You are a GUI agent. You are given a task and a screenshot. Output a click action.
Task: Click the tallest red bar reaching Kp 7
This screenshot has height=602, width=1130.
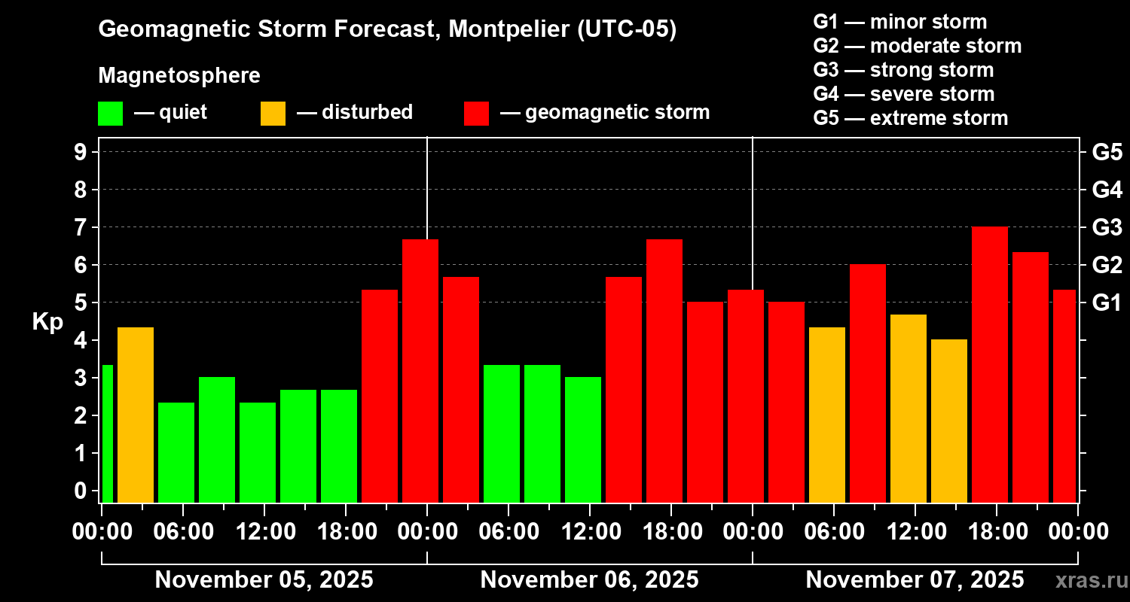[989, 365]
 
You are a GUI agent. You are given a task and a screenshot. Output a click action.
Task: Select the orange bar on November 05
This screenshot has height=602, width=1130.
[136, 415]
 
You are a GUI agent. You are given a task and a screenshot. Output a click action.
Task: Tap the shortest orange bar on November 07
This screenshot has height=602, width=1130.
[948, 421]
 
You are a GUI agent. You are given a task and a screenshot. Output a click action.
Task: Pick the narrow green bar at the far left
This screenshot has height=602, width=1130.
[107, 433]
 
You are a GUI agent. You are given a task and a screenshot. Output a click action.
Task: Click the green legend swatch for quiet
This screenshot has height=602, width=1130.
[110, 113]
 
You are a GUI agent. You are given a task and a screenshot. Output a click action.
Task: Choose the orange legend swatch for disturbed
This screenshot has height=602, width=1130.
[273, 113]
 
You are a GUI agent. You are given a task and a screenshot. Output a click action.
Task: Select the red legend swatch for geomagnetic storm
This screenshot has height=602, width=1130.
[476, 113]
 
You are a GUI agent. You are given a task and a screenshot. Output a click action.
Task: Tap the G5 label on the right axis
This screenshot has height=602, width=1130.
[1107, 152]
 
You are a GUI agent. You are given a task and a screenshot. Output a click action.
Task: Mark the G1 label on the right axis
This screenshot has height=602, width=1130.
[1107, 303]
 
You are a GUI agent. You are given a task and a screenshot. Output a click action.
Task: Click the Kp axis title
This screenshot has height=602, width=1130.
[47, 322]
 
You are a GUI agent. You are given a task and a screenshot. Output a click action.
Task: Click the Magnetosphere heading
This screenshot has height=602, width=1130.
[179, 76]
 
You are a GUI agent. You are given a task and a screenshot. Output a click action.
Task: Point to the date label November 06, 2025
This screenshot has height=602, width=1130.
[589, 579]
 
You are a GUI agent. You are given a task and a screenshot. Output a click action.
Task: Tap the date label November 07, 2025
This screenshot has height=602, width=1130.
[915, 579]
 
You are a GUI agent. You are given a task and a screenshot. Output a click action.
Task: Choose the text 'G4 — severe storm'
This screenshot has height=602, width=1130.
[903, 94]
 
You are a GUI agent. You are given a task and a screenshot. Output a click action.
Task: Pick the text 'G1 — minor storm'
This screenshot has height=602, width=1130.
[899, 22]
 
